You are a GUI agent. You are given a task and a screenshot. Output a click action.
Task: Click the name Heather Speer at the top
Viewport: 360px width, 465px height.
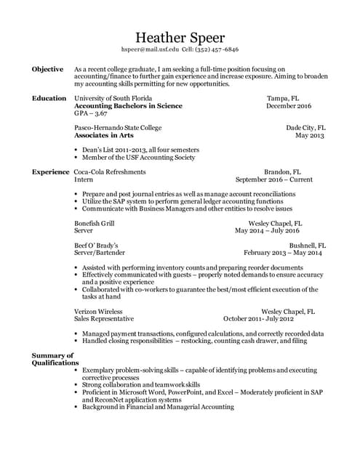point(180,37)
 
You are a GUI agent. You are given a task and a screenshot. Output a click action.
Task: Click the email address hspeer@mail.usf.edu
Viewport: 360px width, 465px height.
point(150,49)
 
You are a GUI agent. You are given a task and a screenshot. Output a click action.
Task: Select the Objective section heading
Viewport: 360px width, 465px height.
point(47,69)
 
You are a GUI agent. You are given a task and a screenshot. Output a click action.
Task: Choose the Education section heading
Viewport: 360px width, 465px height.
point(49,98)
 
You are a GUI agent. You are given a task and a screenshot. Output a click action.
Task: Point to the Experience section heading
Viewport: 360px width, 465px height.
point(51,172)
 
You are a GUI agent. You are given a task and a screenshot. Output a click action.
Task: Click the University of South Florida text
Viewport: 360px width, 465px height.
point(113,98)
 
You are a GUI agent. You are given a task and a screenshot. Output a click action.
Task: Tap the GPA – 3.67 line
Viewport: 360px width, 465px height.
point(91,114)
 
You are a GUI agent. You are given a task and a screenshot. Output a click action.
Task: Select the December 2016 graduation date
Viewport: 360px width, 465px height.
point(289,106)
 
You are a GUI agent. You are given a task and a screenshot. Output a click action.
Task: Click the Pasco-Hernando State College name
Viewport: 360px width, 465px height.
point(119,127)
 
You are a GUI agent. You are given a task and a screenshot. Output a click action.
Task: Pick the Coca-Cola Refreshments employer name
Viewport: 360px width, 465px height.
point(110,172)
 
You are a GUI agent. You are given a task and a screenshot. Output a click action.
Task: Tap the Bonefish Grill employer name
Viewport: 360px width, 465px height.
point(95,223)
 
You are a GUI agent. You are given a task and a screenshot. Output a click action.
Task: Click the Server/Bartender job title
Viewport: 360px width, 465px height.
point(99,254)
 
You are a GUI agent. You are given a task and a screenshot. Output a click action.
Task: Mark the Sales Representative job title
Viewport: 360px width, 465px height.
point(104,319)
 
